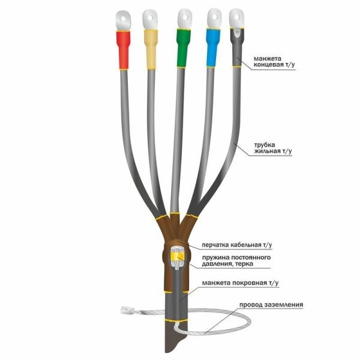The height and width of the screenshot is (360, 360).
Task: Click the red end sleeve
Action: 123,50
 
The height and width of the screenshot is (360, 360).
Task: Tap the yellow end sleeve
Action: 151,49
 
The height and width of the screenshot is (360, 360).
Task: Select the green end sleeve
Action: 183,48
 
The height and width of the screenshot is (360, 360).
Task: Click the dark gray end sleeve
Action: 237,47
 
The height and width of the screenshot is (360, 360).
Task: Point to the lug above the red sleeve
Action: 123,20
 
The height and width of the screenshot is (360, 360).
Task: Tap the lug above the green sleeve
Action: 185,19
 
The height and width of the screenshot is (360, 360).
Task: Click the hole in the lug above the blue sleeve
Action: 215,17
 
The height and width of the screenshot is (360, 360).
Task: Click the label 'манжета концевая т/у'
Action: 274,62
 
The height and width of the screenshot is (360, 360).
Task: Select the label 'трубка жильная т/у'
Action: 273,148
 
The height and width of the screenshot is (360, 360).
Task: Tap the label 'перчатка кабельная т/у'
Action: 237,245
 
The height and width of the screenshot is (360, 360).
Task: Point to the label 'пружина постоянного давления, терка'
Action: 236,260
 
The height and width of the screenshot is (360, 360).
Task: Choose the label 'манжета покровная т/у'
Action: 240,283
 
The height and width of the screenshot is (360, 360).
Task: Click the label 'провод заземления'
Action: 271,305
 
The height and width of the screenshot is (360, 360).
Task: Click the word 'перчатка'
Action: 215,245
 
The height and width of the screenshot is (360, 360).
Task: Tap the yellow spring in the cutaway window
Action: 177,257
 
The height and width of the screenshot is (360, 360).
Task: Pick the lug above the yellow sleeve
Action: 150,20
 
